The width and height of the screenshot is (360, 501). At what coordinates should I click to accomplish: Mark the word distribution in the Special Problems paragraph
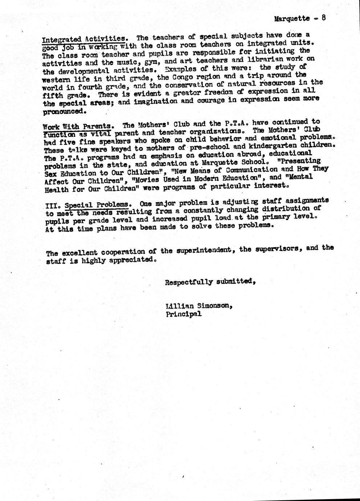(x=283, y=209)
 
